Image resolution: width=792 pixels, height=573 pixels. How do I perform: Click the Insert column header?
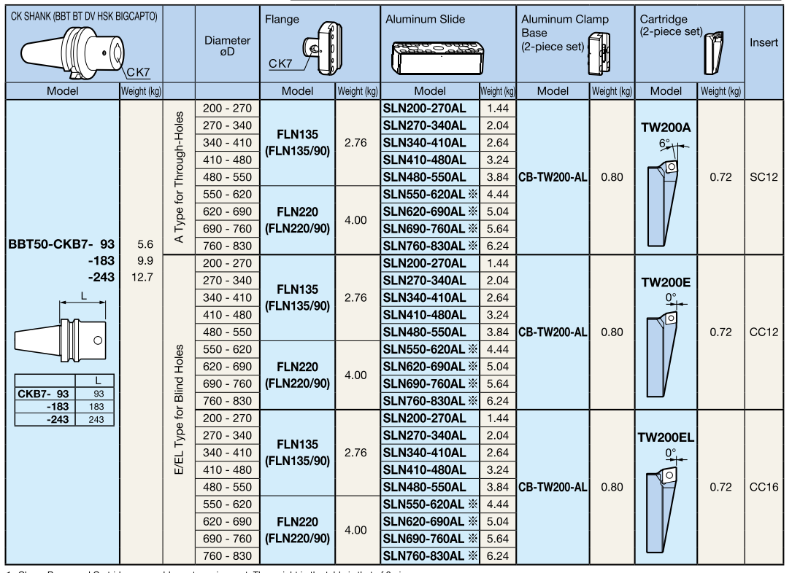point(764,43)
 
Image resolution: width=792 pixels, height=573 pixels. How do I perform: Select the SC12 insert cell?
point(764,177)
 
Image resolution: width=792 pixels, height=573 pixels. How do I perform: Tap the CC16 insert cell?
point(764,487)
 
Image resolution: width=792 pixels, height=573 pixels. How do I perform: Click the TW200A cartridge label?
point(665,128)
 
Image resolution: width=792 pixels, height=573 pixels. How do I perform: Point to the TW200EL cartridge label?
point(665,438)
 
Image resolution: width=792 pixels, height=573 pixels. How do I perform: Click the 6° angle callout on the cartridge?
point(664,144)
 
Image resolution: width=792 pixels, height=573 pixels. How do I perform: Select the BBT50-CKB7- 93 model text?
point(61,244)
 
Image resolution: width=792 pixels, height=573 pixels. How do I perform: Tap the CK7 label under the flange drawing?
point(280,63)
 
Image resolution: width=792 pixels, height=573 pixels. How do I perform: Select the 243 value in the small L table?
point(96,419)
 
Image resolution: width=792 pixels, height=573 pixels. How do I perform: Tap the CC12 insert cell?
point(764,332)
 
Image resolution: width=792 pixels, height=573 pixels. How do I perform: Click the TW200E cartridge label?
point(665,283)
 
